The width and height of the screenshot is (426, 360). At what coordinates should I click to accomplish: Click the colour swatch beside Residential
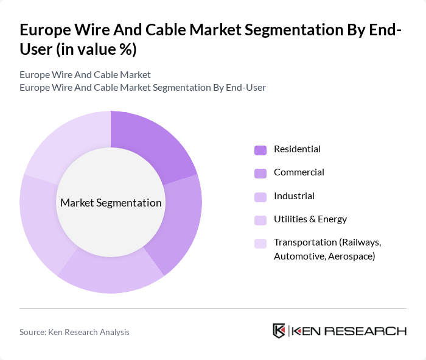260,150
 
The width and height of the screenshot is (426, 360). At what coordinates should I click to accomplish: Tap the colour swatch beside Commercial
260,173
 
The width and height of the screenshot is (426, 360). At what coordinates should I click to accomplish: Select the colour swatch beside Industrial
260,197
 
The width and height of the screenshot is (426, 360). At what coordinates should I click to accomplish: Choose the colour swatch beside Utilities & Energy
260,220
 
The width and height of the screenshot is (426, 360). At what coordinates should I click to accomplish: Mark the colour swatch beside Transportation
260,244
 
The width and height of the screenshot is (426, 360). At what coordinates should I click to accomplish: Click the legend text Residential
297,149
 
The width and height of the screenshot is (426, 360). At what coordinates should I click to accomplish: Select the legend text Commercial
299,172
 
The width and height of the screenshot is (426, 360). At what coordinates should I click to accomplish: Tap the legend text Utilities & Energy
310,219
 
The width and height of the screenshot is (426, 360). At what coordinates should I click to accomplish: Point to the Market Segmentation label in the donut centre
111,203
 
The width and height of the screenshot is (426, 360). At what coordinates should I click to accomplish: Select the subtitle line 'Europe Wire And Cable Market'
85,75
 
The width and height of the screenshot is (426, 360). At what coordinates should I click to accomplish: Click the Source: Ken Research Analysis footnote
74,332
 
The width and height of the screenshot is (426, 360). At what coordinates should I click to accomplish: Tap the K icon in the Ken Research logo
279,331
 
